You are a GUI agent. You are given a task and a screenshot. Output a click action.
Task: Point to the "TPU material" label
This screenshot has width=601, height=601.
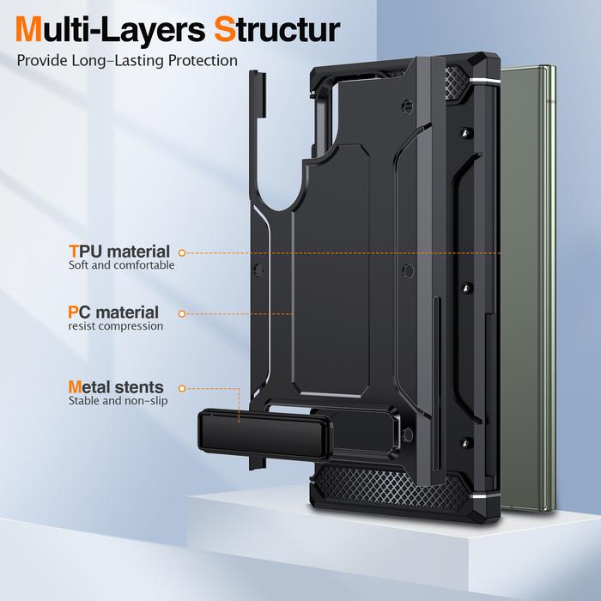119,252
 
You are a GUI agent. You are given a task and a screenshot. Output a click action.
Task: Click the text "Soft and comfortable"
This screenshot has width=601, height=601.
121,266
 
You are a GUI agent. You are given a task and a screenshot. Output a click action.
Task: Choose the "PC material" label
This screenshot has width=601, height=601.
113,313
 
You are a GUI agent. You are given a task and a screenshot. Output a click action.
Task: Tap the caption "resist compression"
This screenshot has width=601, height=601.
115,327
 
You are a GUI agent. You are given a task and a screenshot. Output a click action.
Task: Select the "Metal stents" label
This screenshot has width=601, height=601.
116,387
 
